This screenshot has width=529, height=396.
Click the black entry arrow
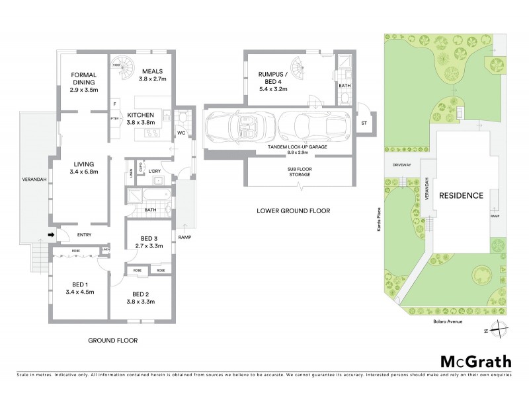pyautogui.click(x=52, y=234)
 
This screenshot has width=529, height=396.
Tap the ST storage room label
pyautogui.click(x=364, y=123)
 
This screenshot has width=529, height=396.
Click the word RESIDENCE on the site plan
pyautogui.click(x=464, y=195)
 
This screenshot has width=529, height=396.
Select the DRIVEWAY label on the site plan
pyautogui.click(x=402, y=165)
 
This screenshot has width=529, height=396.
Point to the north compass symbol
pyautogui.click(x=501, y=325)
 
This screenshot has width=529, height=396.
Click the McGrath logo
pyautogui.click(x=475, y=361)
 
